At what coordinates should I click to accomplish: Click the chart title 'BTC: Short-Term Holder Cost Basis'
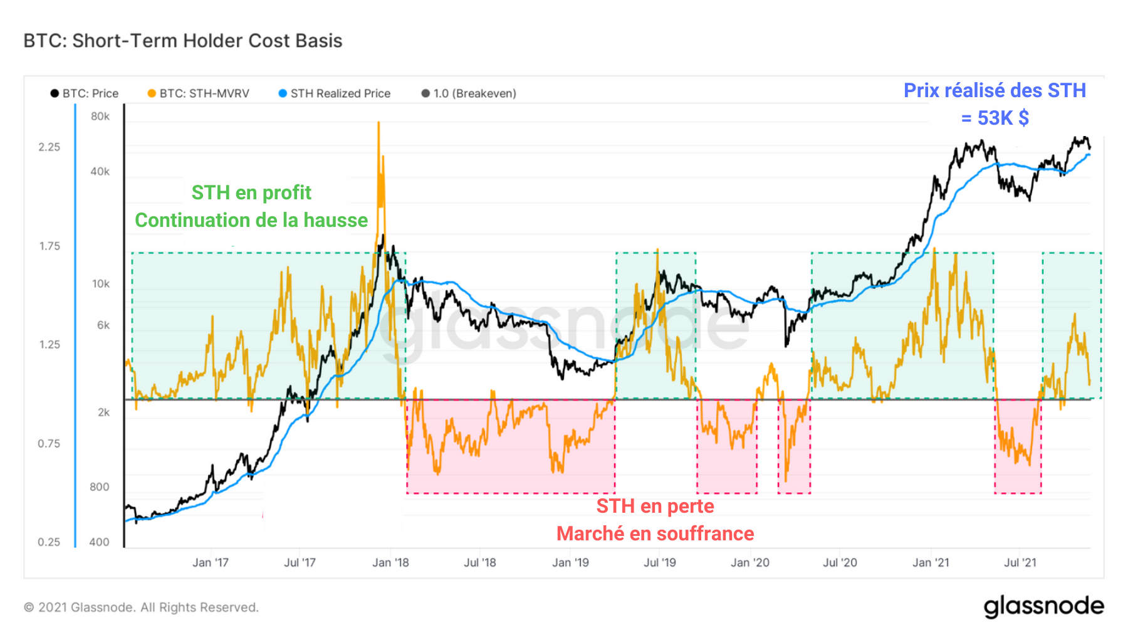[x=183, y=41]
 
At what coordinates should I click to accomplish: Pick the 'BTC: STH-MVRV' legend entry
[x=199, y=93]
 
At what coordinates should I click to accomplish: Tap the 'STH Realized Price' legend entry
[x=335, y=93]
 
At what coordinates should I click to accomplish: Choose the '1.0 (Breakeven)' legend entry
[x=469, y=93]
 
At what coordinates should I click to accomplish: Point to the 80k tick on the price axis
[x=100, y=117]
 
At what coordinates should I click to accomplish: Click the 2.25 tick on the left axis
[x=50, y=147]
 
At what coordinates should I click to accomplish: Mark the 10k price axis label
[x=101, y=284]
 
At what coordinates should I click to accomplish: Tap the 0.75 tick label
[x=50, y=444]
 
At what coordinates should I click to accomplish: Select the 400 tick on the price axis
[x=100, y=542]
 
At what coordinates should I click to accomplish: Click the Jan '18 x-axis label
[x=390, y=563]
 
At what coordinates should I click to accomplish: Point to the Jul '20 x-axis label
[x=840, y=563]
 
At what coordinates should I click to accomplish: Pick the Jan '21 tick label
[x=931, y=563]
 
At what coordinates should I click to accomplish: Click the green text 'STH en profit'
[x=251, y=192]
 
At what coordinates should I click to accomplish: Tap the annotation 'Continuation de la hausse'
[x=251, y=220]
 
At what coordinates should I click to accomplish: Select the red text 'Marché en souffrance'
[x=655, y=533]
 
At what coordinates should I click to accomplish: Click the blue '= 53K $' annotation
[x=995, y=118]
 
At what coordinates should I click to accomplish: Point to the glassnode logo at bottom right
[x=1043, y=606]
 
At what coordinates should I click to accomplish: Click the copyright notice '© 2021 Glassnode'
[x=141, y=607]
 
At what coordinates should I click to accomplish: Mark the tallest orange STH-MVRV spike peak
[x=379, y=123]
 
